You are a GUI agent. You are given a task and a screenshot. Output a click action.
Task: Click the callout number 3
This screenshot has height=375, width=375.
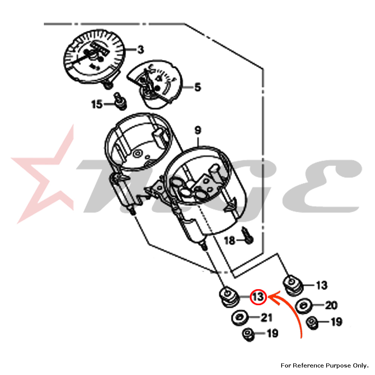click(x=140, y=49)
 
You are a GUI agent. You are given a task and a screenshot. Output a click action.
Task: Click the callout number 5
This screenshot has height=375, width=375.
click(x=197, y=88)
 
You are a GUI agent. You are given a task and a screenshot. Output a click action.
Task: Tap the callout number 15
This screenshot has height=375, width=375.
click(x=97, y=104)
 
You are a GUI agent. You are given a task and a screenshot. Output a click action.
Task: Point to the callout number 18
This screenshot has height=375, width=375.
click(x=229, y=240)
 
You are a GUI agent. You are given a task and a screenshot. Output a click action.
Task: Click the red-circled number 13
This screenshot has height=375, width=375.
click(x=258, y=297)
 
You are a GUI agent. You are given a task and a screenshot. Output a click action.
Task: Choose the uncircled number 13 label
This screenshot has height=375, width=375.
click(x=321, y=285)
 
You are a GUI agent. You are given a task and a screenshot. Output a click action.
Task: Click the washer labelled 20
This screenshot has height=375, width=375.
click(x=303, y=306)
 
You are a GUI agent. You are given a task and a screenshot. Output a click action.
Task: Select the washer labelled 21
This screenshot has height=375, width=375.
click(x=239, y=318)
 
